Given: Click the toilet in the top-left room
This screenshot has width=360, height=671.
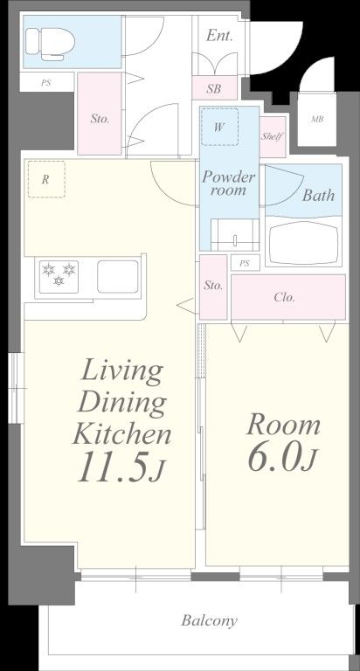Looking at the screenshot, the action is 50,44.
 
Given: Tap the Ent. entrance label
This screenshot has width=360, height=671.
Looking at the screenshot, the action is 219,36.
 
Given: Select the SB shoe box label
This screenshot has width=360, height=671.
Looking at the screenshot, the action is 213,89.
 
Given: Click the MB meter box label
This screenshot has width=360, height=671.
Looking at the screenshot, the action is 317,120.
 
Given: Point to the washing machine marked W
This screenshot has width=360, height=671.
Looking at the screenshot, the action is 219,127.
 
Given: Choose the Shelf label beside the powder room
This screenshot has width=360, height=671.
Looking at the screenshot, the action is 273,137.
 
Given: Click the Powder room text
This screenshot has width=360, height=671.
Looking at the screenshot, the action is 228,183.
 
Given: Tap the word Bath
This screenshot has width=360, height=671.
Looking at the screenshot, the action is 318,195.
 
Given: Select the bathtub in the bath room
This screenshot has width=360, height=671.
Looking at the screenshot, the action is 303,242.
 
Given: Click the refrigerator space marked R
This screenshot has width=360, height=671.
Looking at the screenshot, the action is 46,179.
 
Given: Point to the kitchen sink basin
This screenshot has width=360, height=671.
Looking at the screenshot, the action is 118,276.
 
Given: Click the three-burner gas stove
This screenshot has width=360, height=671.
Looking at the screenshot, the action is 59,276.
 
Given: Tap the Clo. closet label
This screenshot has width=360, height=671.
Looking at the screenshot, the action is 284,297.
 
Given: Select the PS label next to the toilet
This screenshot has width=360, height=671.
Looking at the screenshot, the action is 45,83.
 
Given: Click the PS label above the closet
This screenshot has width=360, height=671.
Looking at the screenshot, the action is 244,263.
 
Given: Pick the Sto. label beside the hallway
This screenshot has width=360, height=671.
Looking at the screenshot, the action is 100,119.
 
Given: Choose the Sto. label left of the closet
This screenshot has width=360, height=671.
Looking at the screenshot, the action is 212,286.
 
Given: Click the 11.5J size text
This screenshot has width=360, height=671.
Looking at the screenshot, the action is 121,467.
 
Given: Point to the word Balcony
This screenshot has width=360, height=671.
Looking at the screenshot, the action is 210,620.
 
